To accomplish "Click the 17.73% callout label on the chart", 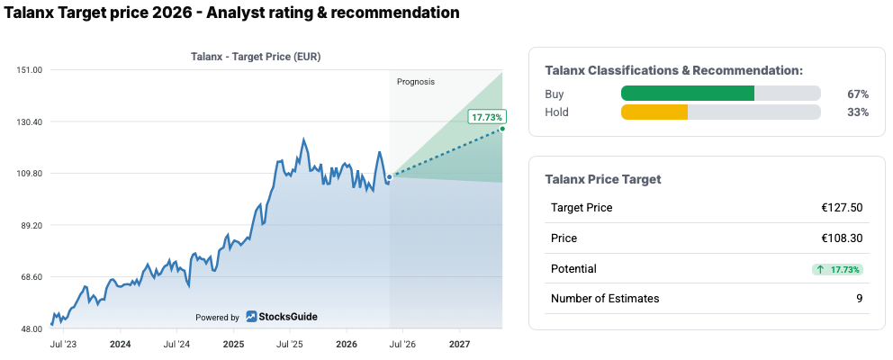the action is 487,117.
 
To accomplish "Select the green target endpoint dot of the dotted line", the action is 502,129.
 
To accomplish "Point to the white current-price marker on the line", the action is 390,177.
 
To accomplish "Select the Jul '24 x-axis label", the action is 176,345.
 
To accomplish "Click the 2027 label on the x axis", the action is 460,345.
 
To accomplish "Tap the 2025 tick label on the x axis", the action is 233,345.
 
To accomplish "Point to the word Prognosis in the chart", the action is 416,82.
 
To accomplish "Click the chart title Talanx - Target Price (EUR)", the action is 255,57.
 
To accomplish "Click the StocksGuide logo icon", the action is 251,317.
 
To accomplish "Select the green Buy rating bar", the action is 688,94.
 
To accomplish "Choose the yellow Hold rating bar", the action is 654,112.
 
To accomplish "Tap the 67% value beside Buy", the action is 858,94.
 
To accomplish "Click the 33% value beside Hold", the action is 858,112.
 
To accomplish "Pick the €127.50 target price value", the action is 842,207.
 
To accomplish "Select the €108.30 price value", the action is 842,238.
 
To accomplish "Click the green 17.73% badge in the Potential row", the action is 838,269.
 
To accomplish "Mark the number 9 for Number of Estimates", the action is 860,299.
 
